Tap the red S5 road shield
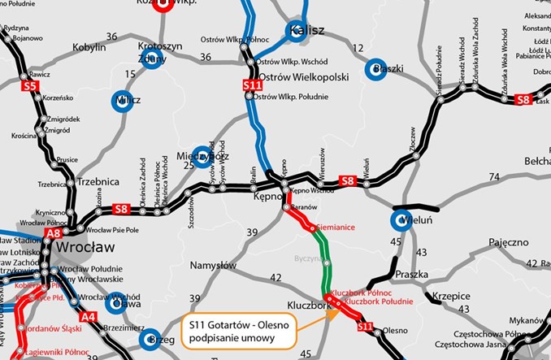pos(30,85)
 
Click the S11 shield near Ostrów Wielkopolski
pos(253,85)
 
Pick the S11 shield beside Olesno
pos(366,327)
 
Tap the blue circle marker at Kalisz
pos(296,32)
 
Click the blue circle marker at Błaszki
pos(375,70)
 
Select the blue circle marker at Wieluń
pos(401,220)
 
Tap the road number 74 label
pos(494,176)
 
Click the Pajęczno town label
pos(509,242)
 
